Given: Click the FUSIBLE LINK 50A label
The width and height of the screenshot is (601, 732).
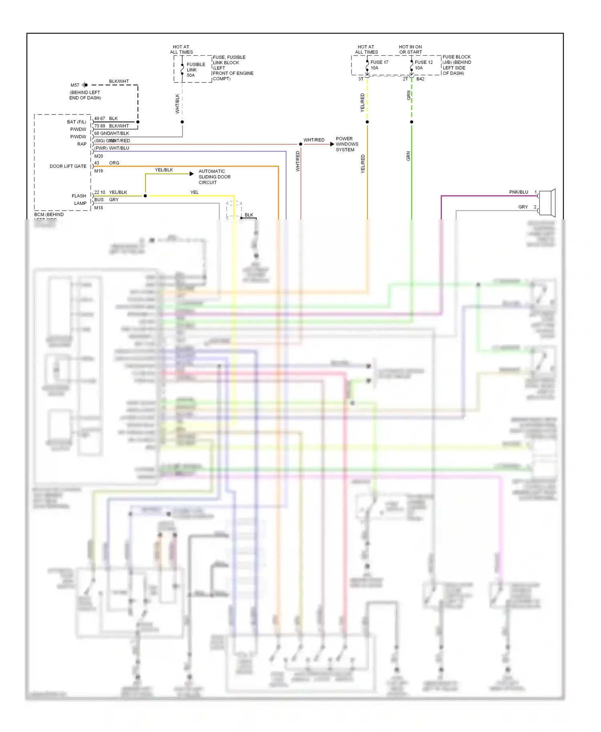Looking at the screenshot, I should (196, 70).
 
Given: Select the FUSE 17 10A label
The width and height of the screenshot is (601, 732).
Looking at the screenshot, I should (379, 65).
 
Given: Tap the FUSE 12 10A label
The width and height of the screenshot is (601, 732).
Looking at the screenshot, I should (424, 65).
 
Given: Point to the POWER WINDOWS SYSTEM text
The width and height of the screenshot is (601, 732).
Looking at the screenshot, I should (347, 144).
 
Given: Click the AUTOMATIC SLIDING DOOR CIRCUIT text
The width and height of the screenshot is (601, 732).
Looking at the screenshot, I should (214, 177).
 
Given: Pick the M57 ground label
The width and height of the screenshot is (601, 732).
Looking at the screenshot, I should (75, 85).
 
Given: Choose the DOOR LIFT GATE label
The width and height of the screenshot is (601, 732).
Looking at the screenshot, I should (68, 166).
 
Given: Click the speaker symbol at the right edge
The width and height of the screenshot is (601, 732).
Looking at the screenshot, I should (547, 201).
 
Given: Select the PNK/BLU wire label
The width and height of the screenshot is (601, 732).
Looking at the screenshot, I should (518, 192).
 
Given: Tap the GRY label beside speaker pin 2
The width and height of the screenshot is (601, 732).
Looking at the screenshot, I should (523, 207).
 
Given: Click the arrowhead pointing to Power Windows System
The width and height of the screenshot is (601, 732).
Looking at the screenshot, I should (332, 144).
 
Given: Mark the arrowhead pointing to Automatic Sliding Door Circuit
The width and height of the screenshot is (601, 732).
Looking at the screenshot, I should (192, 174).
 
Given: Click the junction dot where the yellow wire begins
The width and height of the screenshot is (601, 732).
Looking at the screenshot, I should (145, 196).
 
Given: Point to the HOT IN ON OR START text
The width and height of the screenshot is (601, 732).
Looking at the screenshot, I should (410, 49).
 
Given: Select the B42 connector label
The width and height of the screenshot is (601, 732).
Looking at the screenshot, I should (420, 79).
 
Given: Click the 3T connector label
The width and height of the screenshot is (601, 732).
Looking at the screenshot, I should (361, 79).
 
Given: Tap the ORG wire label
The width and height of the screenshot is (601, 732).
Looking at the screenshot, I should (114, 163).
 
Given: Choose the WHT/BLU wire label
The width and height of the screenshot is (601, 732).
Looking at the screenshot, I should (119, 148).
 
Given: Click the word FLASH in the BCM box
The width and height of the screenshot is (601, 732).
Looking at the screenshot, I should (79, 196).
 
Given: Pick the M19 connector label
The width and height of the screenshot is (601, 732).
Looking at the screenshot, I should (99, 171).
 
